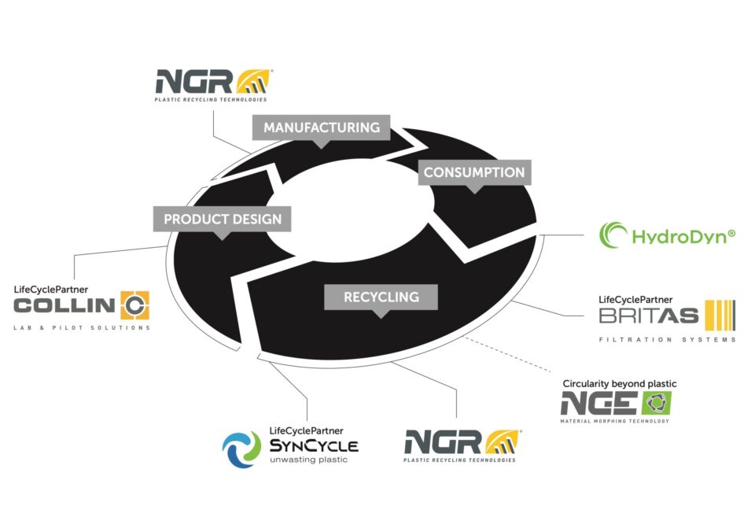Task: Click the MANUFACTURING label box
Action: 321,127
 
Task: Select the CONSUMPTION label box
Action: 473,172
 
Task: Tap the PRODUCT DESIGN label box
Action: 223,220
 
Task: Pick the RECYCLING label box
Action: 381,297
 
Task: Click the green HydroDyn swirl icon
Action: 613,235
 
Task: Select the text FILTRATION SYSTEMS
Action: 667,340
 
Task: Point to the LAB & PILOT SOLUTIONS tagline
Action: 82,327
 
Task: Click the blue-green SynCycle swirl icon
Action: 241,449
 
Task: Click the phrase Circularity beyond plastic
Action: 619,384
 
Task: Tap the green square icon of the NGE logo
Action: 655,403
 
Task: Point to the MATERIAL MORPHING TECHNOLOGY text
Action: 614,422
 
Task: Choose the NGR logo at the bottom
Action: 461,443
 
